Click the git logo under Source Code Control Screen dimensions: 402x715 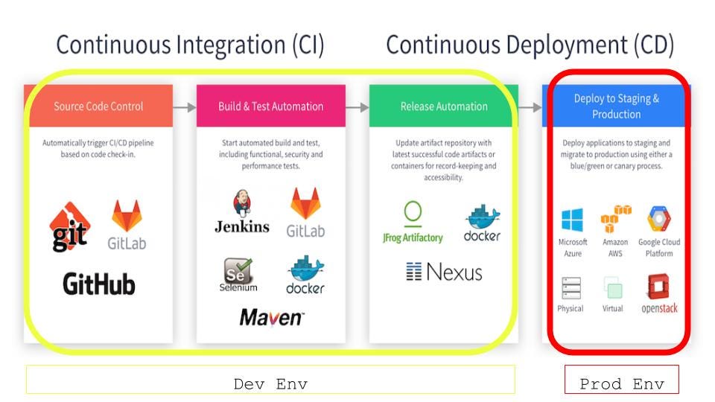click(x=69, y=227)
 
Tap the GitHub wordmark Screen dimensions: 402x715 click(x=98, y=284)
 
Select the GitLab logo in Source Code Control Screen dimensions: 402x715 click(x=126, y=224)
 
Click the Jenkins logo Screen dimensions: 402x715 click(x=242, y=212)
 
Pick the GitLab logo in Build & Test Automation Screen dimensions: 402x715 click(x=306, y=213)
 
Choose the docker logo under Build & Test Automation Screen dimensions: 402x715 click(x=305, y=275)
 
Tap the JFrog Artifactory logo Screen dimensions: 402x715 click(x=412, y=223)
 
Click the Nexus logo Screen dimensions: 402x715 click(x=445, y=272)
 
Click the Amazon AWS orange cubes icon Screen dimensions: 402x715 click(x=616, y=220)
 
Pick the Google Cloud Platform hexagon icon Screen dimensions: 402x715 click(x=659, y=220)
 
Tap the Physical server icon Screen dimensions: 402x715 click(x=571, y=287)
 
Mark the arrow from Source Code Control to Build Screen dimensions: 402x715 click(x=185, y=106)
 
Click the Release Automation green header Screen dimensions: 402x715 click(x=443, y=106)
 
